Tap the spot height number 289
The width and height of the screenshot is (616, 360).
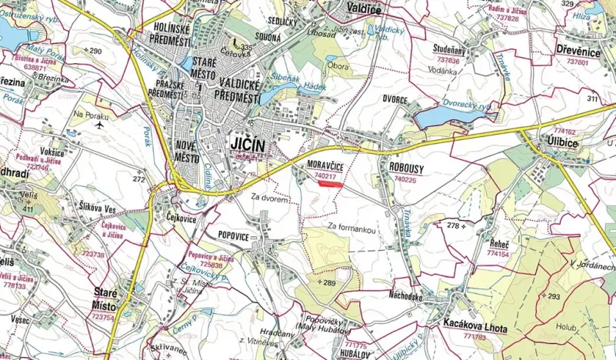[329, 284]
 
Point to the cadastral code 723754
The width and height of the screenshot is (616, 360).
[104, 316]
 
